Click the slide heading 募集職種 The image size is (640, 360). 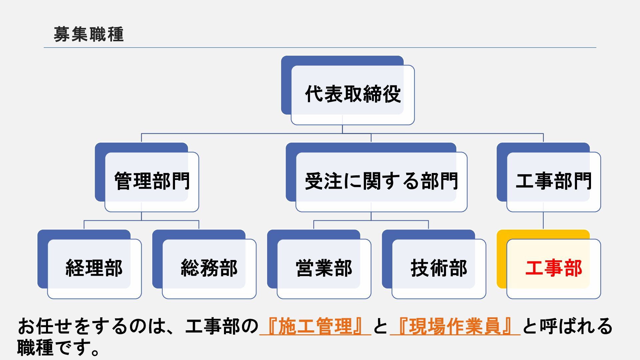click(89, 34)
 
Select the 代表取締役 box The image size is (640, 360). click(352, 94)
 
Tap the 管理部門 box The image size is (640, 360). click(152, 181)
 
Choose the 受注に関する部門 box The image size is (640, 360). click(381, 181)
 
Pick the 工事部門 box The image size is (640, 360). click(553, 181)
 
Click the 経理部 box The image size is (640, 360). click(94, 268)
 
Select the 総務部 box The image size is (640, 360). click(209, 268)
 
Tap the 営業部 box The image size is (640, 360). click(324, 268)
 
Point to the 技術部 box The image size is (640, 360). click(439, 268)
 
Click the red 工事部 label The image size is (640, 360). click(553, 268)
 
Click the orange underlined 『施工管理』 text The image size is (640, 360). click(315, 326)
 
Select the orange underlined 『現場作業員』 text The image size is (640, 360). click(455, 326)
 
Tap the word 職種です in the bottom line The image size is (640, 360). click(58, 348)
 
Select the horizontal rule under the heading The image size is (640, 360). click(320, 48)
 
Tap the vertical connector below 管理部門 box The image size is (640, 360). click(141, 216)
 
